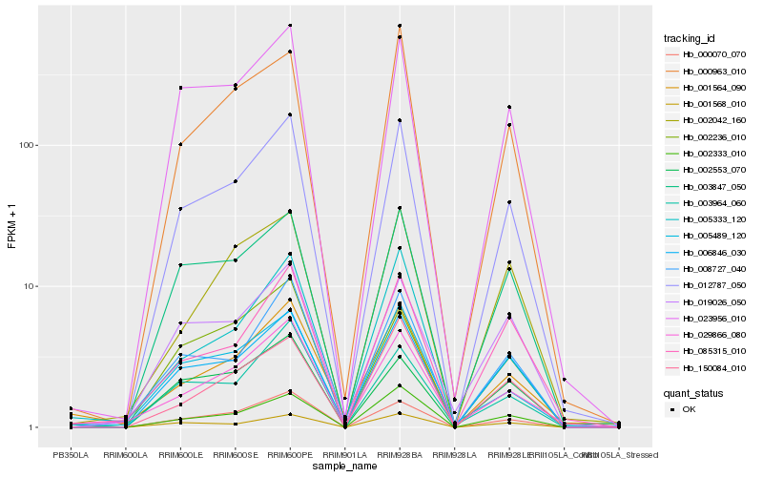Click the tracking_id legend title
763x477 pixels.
click(690, 38)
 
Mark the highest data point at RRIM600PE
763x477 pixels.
click(290, 25)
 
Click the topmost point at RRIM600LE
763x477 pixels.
click(180, 88)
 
